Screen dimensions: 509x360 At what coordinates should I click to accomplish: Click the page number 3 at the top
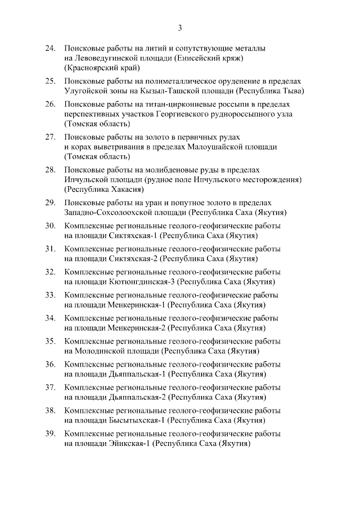click(179, 28)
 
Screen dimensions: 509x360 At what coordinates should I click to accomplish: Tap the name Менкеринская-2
click(136, 328)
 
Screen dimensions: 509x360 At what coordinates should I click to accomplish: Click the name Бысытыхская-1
click(136, 420)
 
